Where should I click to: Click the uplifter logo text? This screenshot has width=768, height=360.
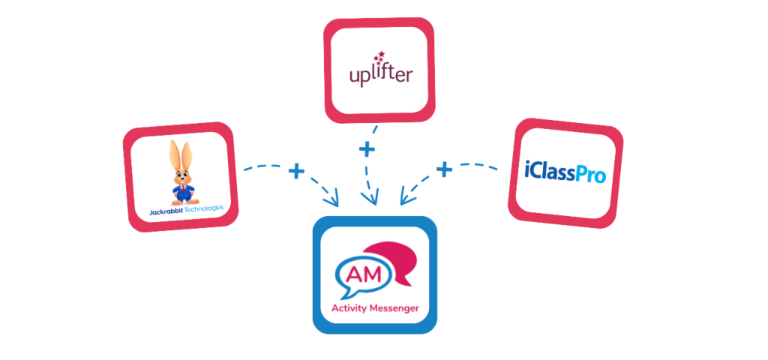pos(380,74)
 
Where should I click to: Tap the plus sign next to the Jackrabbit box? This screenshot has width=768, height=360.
pos(296,172)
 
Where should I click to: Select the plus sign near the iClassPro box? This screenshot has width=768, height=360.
pos(445,169)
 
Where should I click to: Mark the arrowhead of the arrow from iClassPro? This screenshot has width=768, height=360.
pos(404,200)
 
